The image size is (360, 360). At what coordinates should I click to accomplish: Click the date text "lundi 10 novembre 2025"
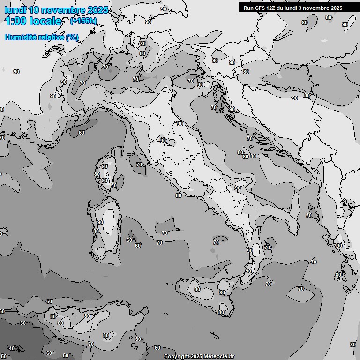[x=56, y=10]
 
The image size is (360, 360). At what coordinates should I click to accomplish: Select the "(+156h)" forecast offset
[x=83, y=21]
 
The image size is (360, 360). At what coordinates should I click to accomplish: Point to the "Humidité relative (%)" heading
[x=42, y=37]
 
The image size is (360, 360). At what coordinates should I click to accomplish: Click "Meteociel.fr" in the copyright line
[x=219, y=356]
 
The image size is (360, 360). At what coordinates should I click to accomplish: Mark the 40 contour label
[x=12, y=348]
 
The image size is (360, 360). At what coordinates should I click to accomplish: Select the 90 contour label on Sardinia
[x=100, y=222]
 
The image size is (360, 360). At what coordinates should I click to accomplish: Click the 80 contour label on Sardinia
[x=96, y=231]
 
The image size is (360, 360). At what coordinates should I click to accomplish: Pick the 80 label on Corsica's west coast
[x=97, y=174]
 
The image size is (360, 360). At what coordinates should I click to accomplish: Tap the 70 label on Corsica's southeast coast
[x=113, y=185]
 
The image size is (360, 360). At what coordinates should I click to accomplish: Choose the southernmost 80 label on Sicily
[x=221, y=312]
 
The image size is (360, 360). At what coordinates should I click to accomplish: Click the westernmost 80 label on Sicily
[x=197, y=289]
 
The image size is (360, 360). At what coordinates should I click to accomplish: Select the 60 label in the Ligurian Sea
[x=82, y=133]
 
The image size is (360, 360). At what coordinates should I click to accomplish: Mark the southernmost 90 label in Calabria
[x=248, y=271]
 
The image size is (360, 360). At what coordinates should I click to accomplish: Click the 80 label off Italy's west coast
[x=178, y=195]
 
